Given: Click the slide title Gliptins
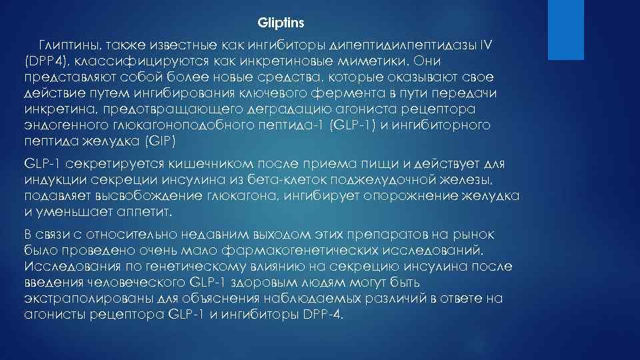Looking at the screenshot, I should click(281, 23).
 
